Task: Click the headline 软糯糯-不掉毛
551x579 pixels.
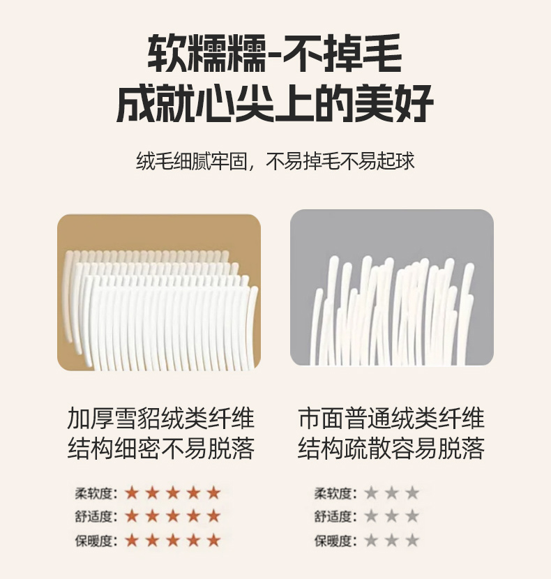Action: pos(275,53)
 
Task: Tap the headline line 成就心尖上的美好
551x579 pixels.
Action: pos(275,103)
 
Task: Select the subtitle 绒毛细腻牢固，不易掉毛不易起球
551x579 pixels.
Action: pos(275,161)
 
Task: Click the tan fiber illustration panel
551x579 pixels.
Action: pos(159,292)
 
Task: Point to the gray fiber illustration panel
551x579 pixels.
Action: pos(392,287)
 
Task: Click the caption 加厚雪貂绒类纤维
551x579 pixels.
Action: pos(160,419)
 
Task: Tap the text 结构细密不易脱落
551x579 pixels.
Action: pos(160,449)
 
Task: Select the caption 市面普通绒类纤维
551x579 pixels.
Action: pos(391,419)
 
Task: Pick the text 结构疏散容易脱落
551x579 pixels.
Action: pos(391,449)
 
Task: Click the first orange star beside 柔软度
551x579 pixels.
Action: pos(132,493)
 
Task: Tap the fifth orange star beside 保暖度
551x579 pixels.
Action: pos(214,541)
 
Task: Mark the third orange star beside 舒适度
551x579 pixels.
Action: pos(173,516)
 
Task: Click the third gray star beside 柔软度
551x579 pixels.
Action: pos(412,493)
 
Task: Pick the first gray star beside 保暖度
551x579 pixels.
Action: pos(371,541)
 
